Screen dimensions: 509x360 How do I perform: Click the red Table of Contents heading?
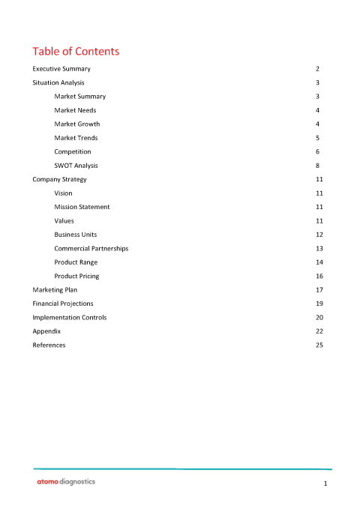tap(76, 52)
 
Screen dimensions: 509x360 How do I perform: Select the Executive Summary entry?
tap(61, 68)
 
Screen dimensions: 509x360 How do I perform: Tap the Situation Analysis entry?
tap(58, 82)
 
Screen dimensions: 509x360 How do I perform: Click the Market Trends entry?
tap(76, 138)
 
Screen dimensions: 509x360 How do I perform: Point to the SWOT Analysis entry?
tap(76, 166)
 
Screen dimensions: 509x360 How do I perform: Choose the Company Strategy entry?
tap(59, 179)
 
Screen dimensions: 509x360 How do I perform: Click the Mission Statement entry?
tap(82, 207)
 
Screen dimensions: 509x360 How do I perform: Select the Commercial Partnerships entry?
tap(91, 248)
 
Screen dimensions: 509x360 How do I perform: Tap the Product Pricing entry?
tap(76, 276)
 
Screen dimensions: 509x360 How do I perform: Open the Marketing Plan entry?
tap(55, 289)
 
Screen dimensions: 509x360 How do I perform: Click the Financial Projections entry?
tap(63, 304)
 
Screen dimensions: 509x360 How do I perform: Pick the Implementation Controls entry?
tap(69, 317)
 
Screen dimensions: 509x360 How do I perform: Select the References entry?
tap(49, 345)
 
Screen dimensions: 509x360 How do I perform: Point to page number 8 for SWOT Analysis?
tap(319, 166)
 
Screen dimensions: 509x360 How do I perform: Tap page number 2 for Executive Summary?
tap(319, 68)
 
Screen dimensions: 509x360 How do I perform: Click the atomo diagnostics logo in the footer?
tap(66, 482)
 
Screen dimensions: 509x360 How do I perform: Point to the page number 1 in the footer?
tap(325, 485)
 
